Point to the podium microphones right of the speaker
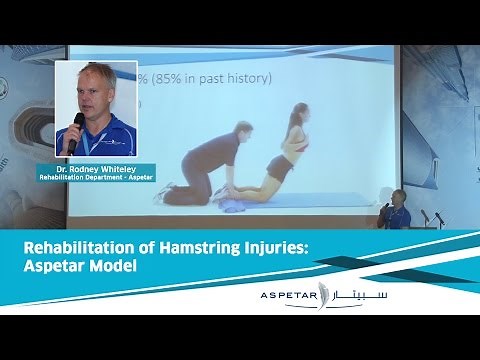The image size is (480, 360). click(x=427, y=215)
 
